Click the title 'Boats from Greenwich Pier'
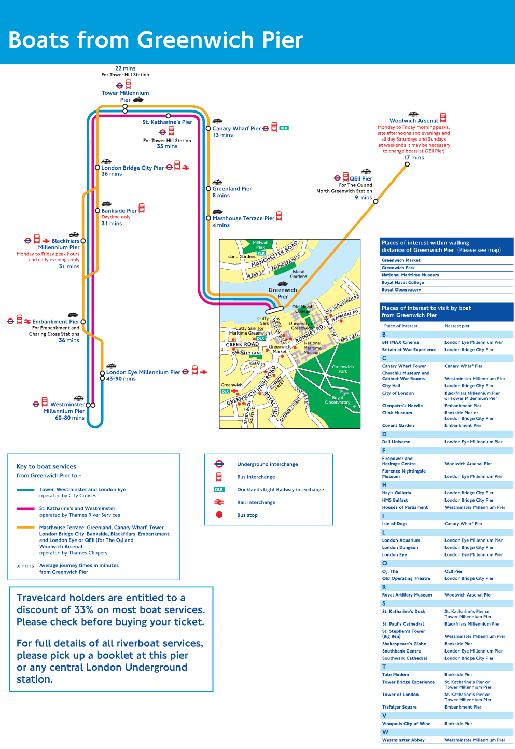(x=156, y=40)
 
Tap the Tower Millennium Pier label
(x=125, y=96)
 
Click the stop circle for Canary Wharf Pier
(x=208, y=128)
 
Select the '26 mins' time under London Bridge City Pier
(x=112, y=174)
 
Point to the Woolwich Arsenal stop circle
(x=407, y=164)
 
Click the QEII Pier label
(x=360, y=178)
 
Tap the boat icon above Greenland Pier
(x=217, y=182)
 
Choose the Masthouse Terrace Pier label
(x=243, y=218)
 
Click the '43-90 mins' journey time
(x=121, y=379)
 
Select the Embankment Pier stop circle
(x=83, y=322)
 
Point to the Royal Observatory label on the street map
(x=338, y=400)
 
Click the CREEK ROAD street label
(x=242, y=344)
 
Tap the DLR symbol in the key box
(x=219, y=490)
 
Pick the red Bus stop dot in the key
(x=219, y=515)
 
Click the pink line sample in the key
(x=25, y=509)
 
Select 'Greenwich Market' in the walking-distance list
(x=401, y=260)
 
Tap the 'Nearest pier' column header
(x=457, y=326)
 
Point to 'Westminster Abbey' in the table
(x=403, y=740)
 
